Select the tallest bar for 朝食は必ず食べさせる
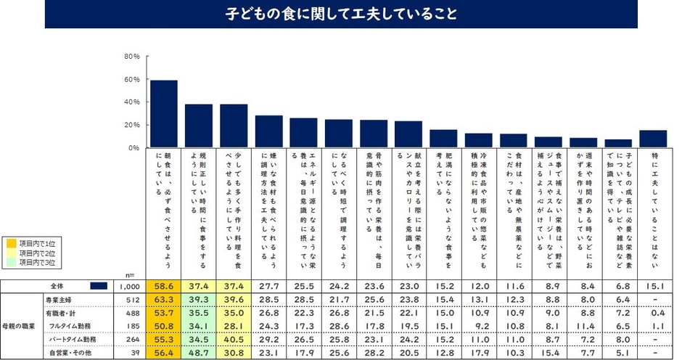click(x=163, y=114)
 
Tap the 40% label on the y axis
click(x=132, y=102)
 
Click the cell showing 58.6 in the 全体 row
click(x=163, y=286)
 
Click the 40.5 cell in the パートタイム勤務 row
click(x=234, y=340)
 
